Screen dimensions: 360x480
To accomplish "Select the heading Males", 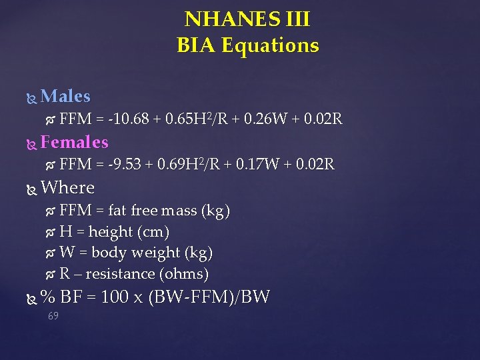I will (65, 97).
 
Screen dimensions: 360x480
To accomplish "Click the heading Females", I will (74, 142).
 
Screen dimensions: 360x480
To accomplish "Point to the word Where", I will (67, 187).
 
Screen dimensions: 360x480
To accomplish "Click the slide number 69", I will (53, 315).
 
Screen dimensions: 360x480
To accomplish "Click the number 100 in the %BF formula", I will (115, 297).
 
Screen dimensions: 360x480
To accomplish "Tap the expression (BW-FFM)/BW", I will (211, 297).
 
